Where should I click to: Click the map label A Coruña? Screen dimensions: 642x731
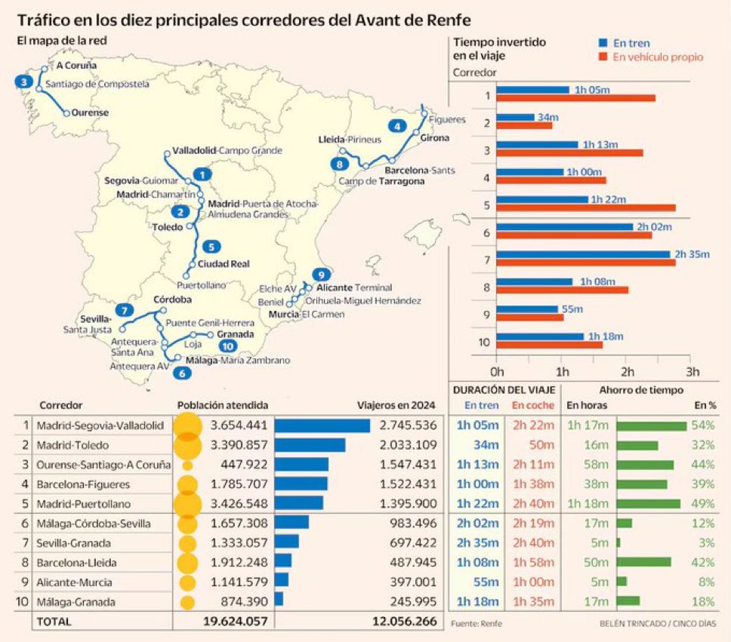(76, 66)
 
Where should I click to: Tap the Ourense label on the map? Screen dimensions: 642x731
(90, 113)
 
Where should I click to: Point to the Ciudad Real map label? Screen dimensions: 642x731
(224, 264)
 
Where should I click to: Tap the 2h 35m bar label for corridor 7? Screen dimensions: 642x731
(692, 253)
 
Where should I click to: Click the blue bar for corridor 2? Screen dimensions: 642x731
(516, 117)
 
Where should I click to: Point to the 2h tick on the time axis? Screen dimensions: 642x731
(627, 372)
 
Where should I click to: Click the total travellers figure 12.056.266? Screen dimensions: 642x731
(404, 622)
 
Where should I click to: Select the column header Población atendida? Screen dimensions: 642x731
(222, 405)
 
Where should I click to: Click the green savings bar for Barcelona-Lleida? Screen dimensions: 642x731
(643, 562)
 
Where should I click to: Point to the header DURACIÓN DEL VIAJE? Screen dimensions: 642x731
(504, 389)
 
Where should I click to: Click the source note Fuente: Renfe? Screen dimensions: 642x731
(476, 623)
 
